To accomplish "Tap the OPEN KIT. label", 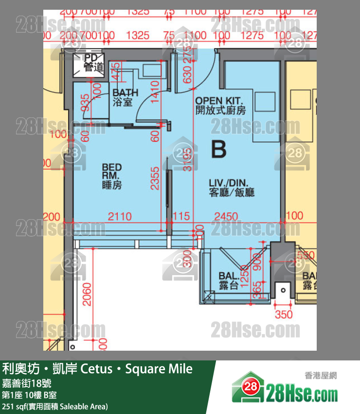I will (x=220, y=106).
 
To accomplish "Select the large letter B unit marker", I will (x=219, y=150).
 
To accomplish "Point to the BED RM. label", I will (x=112, y=176).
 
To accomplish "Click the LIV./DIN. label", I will (x=232, y=188).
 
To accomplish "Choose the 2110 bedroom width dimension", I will (x=120, y=216).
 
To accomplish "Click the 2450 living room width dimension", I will (x=226, y=216).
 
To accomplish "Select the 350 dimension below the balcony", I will (x=284, y=315).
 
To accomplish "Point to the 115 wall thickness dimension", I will (x=180, y=216).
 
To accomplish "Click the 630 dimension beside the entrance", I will (x=186, y=75).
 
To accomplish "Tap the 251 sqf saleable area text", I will (x=55, y=406).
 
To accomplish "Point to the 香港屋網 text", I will (x=321, y=375).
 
